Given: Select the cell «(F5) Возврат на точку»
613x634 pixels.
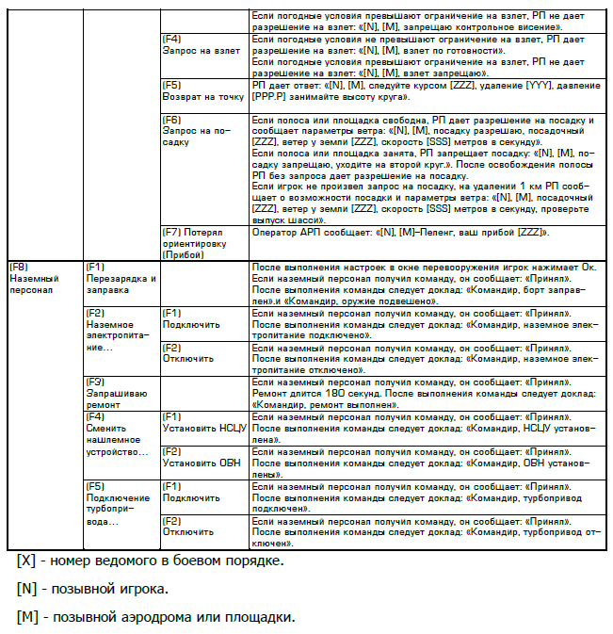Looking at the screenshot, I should pyautogui.click(x=202, y=90).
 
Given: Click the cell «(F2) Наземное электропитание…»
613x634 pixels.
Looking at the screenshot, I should pyautogui.click(x=118, y=331).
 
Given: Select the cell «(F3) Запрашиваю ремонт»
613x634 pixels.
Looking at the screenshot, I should pyautogui.click(x=109, y=394).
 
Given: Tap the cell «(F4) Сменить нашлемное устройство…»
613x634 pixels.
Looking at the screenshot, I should pyautogui.click(x=118, y=433).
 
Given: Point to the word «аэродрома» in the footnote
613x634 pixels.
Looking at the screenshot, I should pyautogui.click(x=159, y=618).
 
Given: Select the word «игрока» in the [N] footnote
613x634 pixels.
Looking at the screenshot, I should pyautogui.click(x=143, y=590).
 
